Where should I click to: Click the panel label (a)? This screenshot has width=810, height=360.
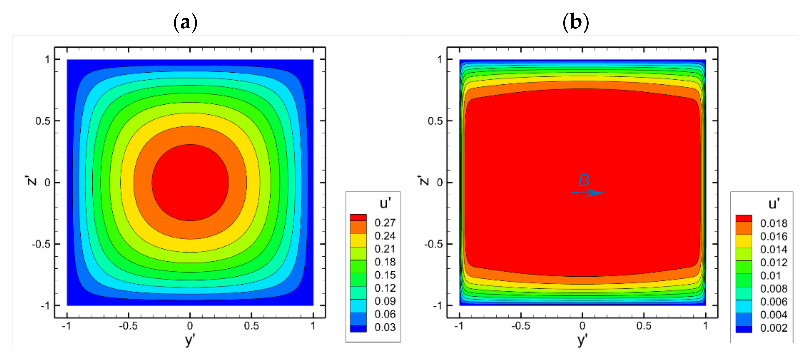(185, 23)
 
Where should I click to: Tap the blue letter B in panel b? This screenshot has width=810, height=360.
(584, 181)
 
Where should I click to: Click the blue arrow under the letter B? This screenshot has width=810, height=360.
(587, 193)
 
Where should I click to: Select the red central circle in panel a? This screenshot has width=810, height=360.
(190, 182)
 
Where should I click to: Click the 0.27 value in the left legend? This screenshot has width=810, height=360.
(385, 223)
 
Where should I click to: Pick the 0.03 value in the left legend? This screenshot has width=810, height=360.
(385, 327)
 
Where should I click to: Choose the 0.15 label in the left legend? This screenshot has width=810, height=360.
(385, 275)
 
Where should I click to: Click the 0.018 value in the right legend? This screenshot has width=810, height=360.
(774, 223)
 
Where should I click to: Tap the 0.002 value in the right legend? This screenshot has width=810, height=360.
(774, 328)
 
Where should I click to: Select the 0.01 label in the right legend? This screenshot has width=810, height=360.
(770, 276)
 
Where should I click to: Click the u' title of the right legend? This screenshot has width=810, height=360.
(774, 204)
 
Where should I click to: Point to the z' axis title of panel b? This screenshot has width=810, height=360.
(424, 180)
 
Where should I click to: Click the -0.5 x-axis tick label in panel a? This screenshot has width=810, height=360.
(128, 326)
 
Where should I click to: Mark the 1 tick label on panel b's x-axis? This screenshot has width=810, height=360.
(705, 326)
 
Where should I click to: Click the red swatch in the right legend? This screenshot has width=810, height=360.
(744, 218)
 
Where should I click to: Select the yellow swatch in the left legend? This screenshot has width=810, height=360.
(358, 240)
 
